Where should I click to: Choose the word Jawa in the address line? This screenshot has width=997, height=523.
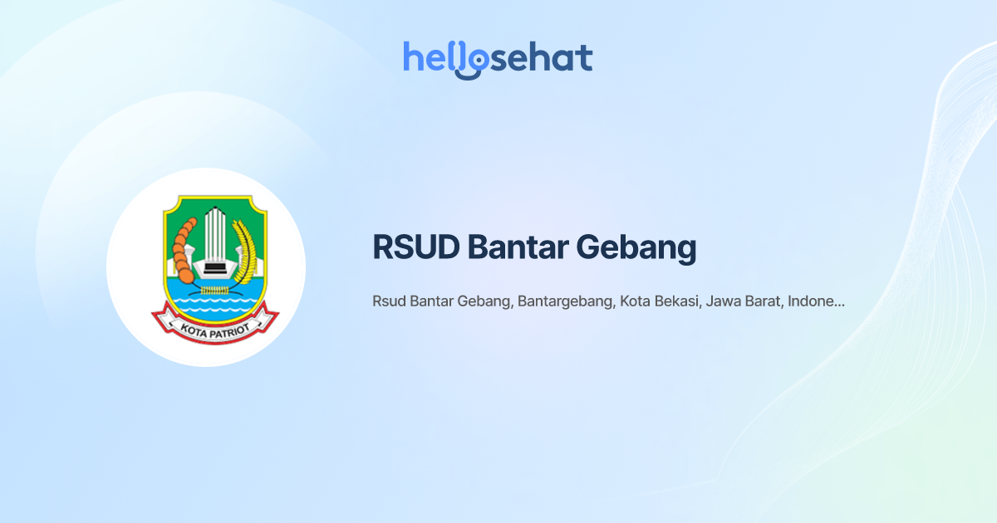click(723, 301)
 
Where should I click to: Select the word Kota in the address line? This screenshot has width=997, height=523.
click(636, 301)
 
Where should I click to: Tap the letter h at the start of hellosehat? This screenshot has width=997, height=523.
click(412, 56)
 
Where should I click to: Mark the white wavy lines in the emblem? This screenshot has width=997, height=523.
click(214, 307)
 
